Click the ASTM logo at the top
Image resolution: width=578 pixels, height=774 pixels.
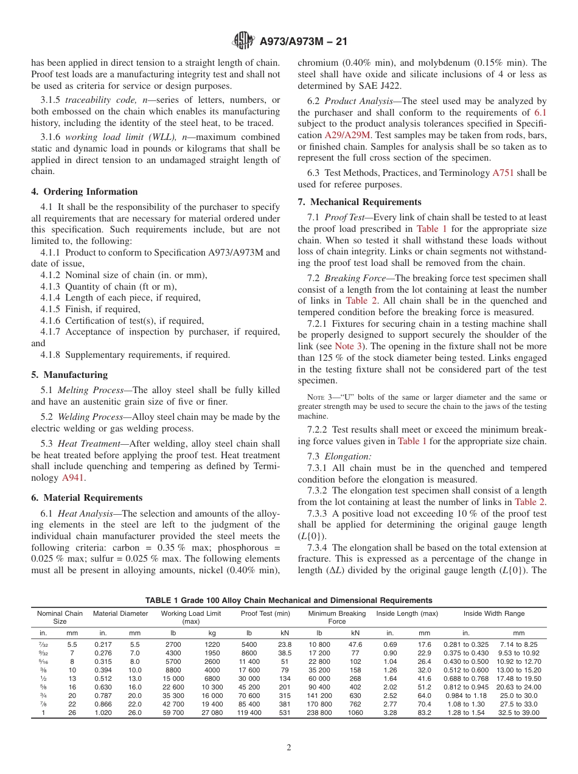point(244,41)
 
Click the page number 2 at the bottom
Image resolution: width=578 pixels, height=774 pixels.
point(289,747)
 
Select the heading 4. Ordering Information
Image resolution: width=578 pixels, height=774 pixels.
point(85,192)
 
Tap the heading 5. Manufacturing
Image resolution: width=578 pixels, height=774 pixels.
point(69,375)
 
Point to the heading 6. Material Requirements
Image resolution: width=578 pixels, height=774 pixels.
point(87,497)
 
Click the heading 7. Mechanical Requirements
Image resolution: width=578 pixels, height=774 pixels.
point(360,202)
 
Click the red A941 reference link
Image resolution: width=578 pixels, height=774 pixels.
point(73,478)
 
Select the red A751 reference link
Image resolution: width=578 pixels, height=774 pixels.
point(503,173)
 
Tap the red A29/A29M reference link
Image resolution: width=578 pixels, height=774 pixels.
point(347,135)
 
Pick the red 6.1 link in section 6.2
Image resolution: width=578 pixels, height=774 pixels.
point(540,112)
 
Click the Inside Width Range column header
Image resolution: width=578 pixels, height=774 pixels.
point(493,613)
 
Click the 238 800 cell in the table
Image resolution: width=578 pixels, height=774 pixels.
point(319,713)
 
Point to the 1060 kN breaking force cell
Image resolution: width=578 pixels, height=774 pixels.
point(355,713)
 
